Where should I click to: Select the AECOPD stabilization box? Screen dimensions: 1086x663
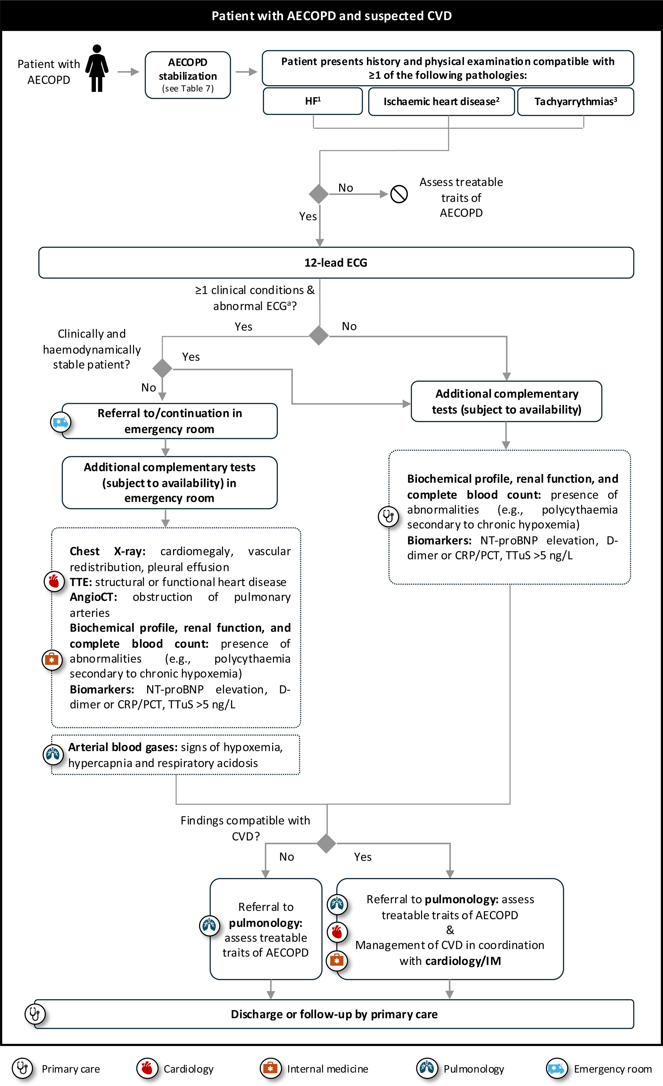coord(188,75)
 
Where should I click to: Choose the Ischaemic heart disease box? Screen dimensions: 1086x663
coord(441,101)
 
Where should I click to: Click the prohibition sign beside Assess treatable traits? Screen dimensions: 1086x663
coord(399,194)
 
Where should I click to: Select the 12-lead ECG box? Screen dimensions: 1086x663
coord(336,263)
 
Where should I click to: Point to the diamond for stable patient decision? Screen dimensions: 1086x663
coord(162,368)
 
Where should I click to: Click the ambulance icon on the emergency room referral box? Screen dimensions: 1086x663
coord(60,422)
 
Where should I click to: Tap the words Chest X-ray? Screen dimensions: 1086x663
coord(107,551)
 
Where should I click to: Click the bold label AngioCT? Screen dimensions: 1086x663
coord(93,597)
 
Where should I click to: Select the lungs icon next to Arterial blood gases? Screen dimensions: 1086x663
coord(53,754)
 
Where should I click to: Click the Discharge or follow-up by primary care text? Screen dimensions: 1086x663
coord(334,1014)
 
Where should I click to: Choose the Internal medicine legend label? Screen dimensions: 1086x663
coord(327,1069)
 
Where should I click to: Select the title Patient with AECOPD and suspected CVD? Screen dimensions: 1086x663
coord(331,16)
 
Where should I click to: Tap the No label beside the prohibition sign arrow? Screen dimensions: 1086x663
coord(345,188)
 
